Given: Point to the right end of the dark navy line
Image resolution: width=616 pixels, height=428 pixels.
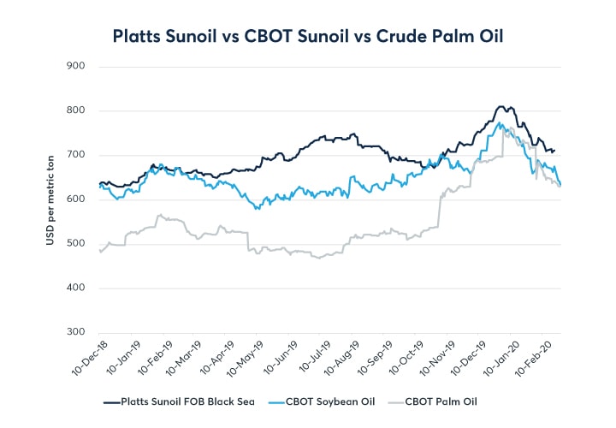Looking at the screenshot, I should pyautogui.click(x=554, y=151).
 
